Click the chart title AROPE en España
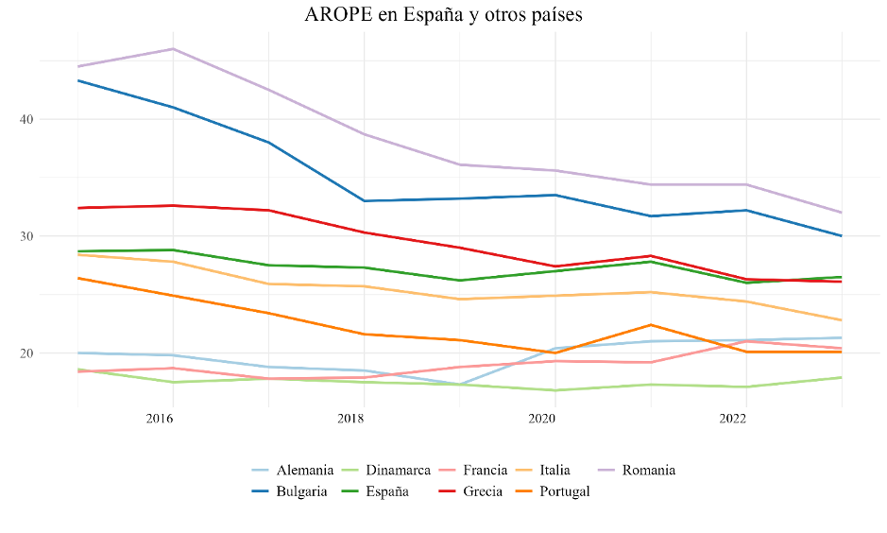tap(444, 15)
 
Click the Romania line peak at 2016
tap(172, 49)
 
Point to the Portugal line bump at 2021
tap(650, 325)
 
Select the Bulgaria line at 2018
tap(363, 200)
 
